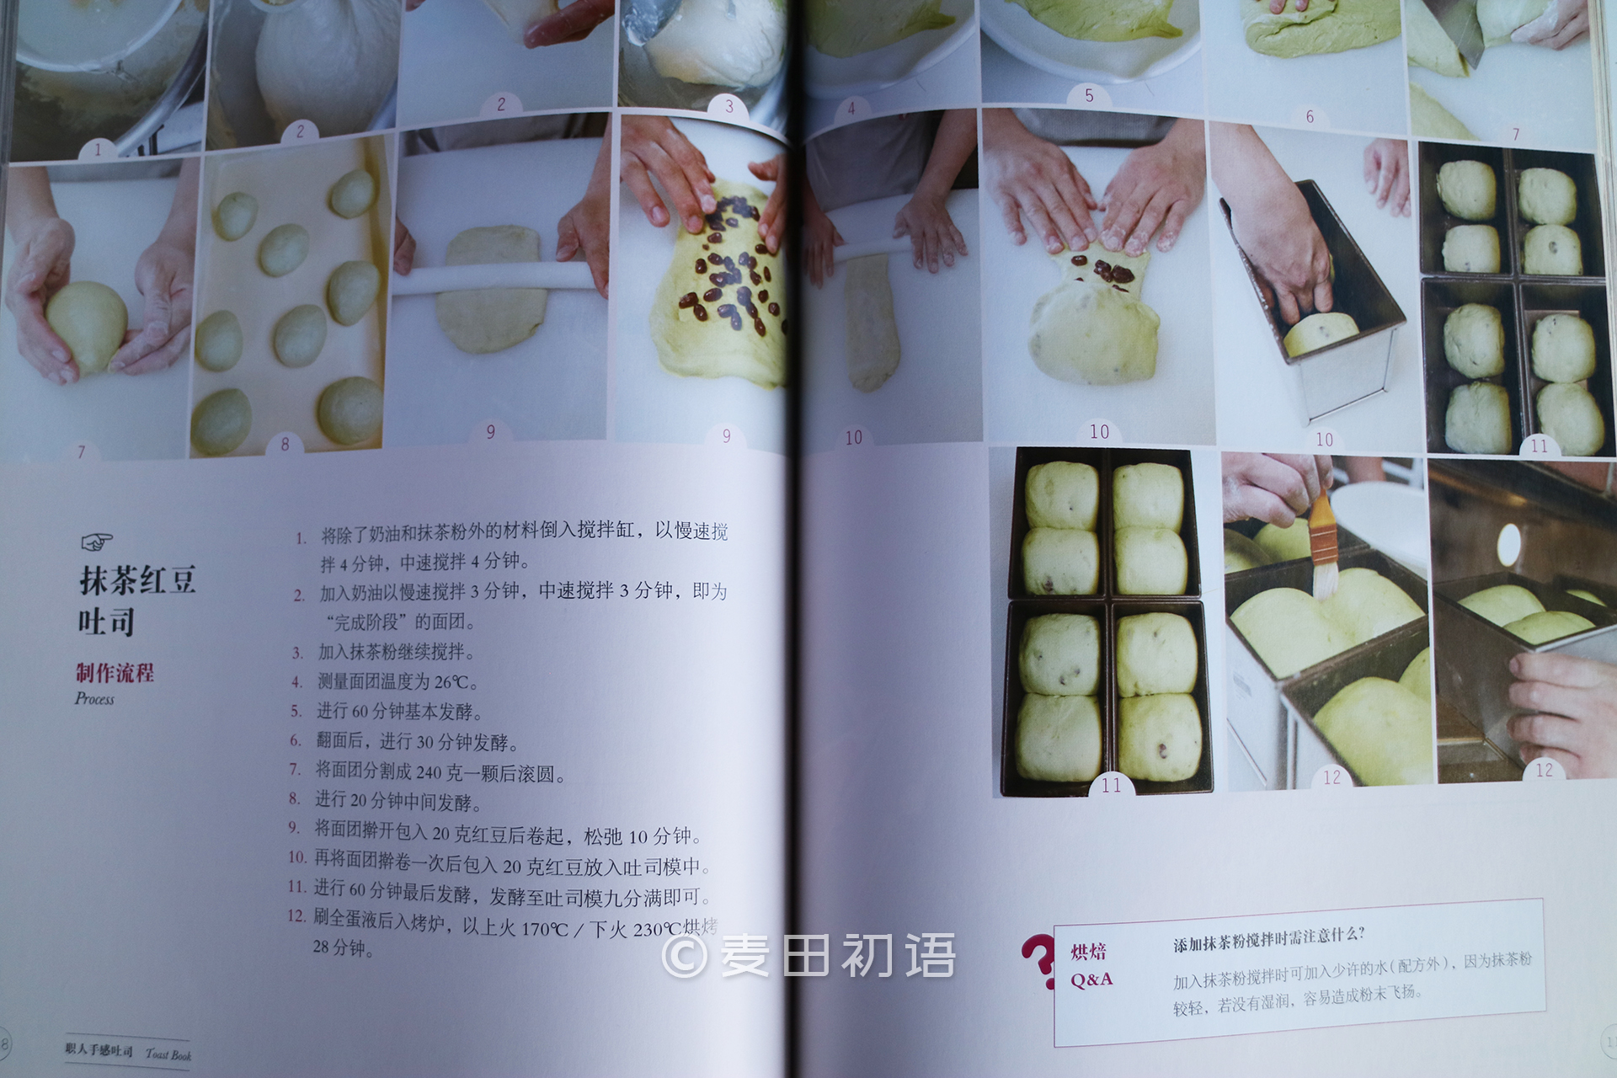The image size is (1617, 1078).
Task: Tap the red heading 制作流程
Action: coord(115,672)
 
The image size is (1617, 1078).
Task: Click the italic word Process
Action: coord(94,698)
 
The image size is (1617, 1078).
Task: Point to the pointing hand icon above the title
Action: coord(97,541)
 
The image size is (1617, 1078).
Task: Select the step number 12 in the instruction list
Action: coord(296,915)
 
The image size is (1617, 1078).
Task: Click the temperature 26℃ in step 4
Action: coord(456,681)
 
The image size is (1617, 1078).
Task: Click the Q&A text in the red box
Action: coord(1091,979)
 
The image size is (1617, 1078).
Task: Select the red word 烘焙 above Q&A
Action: coord(1088,952)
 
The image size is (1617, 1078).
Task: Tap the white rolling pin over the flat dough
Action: coord(497,278)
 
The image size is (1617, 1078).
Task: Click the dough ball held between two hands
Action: coord(86,326)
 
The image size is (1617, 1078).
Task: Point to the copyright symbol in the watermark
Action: coord(684,956)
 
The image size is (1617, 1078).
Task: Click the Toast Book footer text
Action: coord(168,1054)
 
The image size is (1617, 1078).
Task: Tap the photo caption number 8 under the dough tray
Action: coord(285,444)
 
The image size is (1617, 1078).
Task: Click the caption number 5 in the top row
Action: coord(1089,95)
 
